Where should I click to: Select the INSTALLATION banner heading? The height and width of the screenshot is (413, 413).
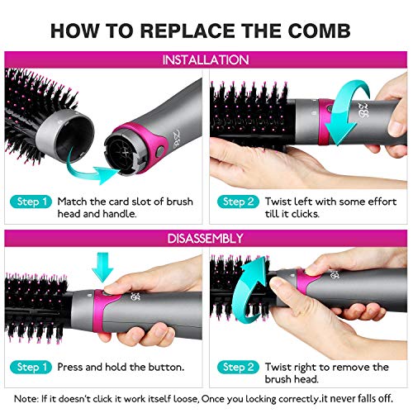coord(206,60)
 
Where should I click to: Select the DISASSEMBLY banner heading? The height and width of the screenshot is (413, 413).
coord(206,239)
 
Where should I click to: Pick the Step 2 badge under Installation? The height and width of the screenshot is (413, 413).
coord(236,202)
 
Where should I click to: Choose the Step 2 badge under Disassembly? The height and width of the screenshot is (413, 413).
coord(236,367)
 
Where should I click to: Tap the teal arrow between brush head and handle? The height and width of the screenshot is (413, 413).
coord(87,169)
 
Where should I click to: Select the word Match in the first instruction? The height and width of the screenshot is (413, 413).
coord(77,202)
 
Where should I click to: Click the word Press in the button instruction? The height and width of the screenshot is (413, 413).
coord(76,367)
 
